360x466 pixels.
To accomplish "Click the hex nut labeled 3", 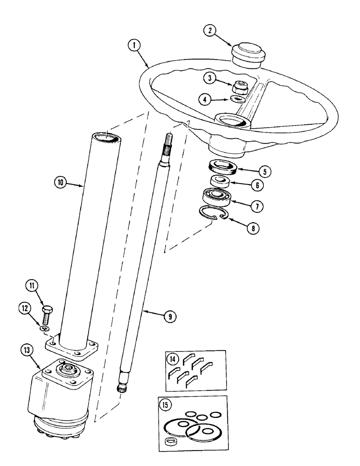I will coord(238,99).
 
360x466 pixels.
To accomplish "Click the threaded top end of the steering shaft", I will coord(169,143).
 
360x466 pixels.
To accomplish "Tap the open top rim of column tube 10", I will coord(105,137).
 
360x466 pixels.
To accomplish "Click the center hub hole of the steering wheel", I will coord(233,122).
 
